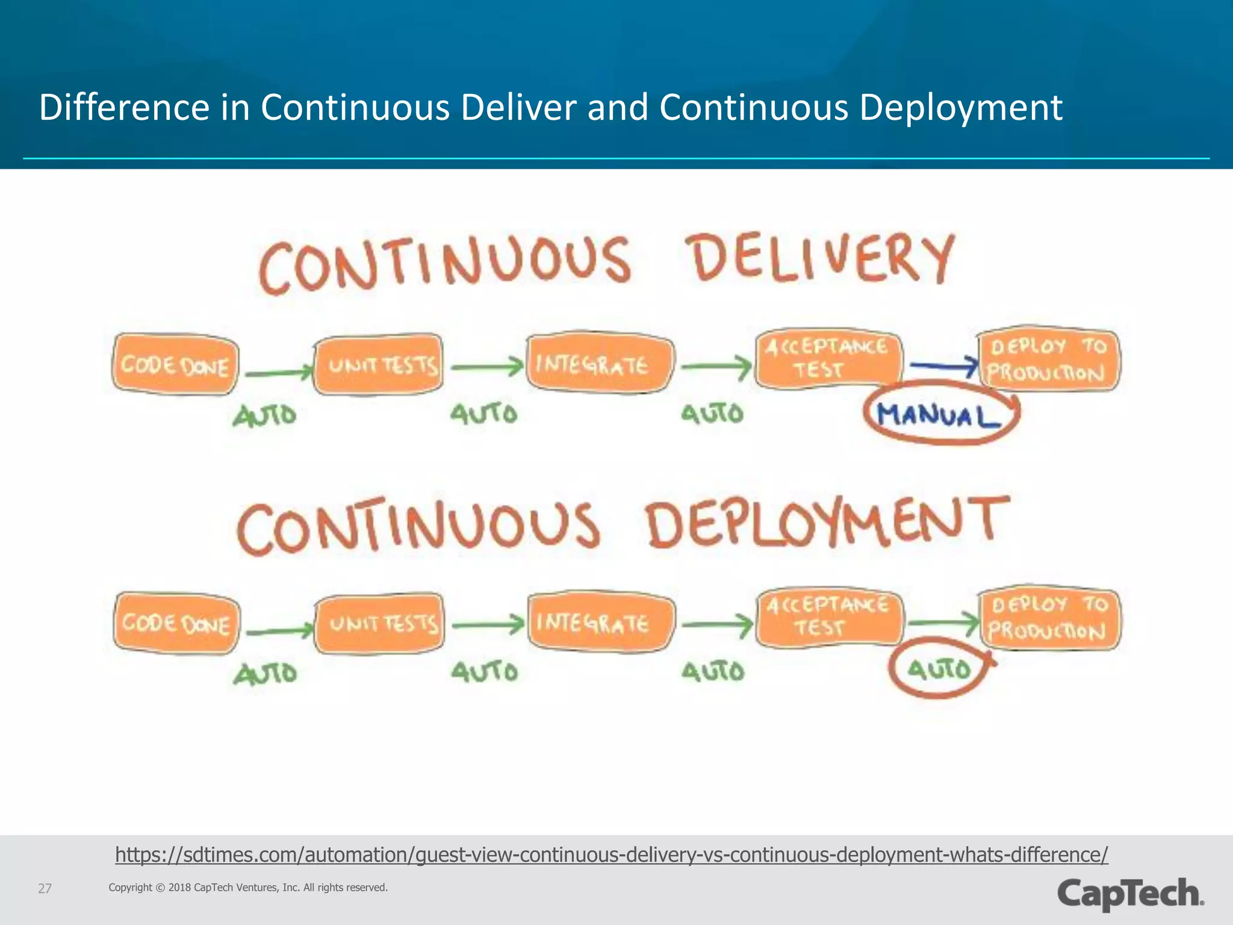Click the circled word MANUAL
pyautogui.click(x=938, y=415)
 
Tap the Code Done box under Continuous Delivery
pyautogui.click(x=175, y=365)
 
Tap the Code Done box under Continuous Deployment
pyautogui.click(x=176, y=623)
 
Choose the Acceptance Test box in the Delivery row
pyautogui.click(x=828, y=359)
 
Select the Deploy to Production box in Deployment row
pyautogui.click(x=1049, y=618)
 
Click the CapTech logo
pyautogui.click(x=1131, y=894)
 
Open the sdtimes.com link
pyautogui.click(x=611, y=855)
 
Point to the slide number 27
pyautogui.click(x=45, y=888)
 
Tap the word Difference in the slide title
pyautogui.click(x=124, y=108)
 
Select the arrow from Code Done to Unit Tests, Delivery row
pyautogui.click(x=278, y=373)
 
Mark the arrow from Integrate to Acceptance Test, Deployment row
pyautogui.click(x=716, y=625)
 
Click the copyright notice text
pyautogui.click(x=248, y=888)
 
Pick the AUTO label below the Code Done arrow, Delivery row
pyautogui.click(x=265, y=416)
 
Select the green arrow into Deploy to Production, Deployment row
pyautogui.click(x=943, y=623)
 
